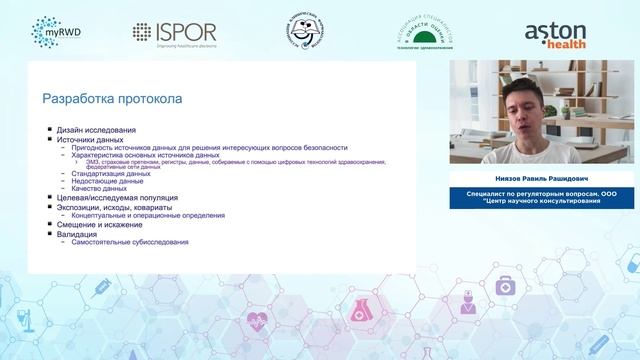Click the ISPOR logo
pos(174,33)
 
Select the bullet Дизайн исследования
pos(96,130)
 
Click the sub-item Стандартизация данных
pos(111,173)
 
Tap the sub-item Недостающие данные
pos(107,181)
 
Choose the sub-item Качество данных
pos(99,188)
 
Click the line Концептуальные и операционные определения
pos(148,215)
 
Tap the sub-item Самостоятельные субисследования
pos(130,242)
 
